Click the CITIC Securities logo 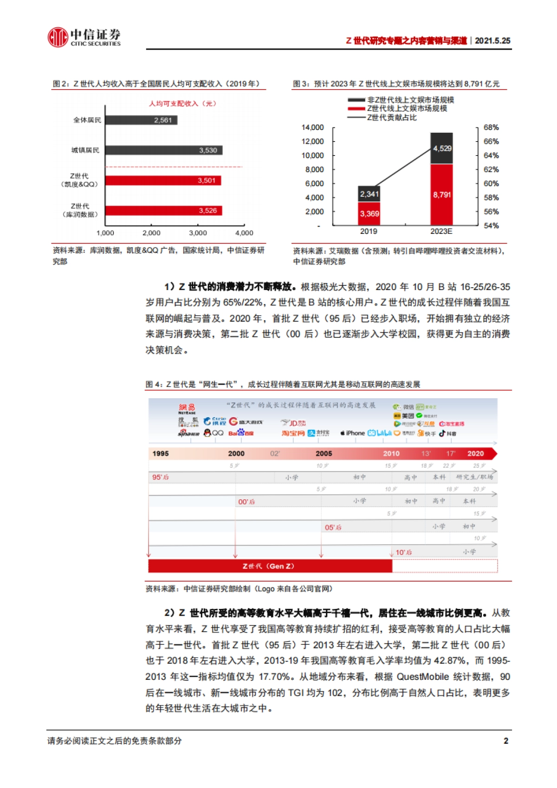coord(84,37)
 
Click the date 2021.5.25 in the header coord(492,41)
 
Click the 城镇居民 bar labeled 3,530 coord(164,150)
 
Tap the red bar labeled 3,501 coord(163,181)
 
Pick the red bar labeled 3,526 coord(163,211)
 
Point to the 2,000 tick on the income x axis coord(151,233)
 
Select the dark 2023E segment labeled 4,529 coord(441,149)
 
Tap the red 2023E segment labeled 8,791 coord(441,195)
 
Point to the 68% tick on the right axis coord(491,128)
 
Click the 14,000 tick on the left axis coord(312,128)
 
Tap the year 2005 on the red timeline coord(324,453)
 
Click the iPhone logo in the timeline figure coord(353,433)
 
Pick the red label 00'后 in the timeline coord(246,502)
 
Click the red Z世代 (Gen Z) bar coord(269,566)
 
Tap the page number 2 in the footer coord(505,741)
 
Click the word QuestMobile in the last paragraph coord(422,677)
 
